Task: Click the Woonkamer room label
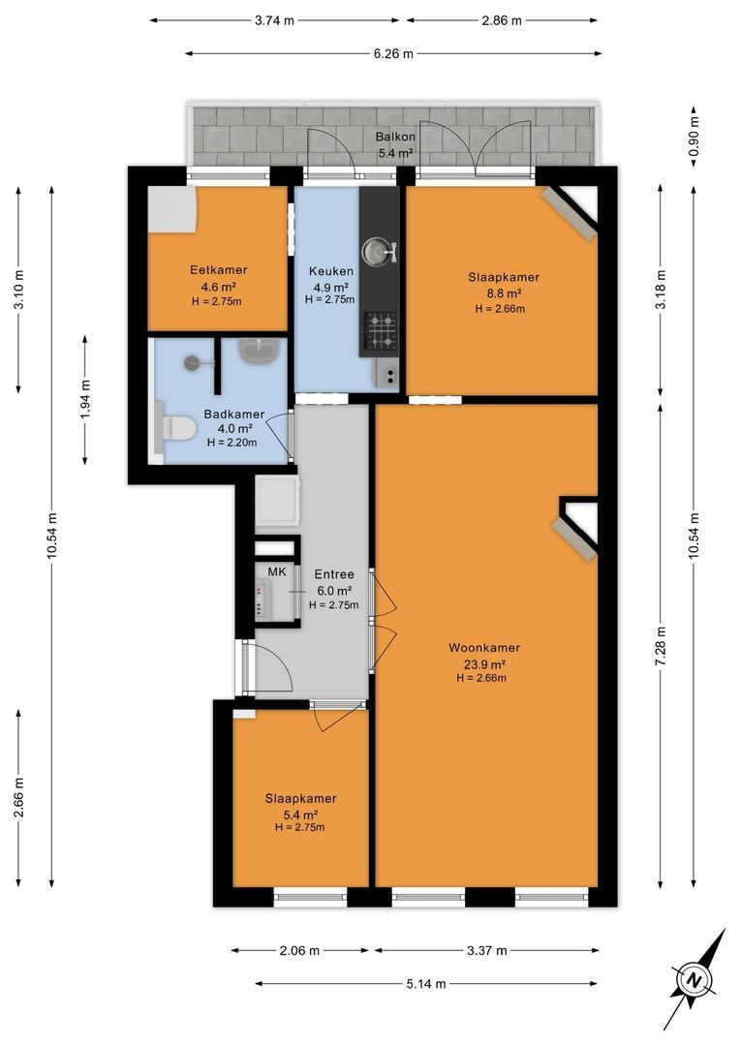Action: coord(484,647)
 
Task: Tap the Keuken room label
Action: coord(331,271)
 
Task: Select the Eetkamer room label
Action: coord(218,270)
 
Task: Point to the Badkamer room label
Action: coord(234,415)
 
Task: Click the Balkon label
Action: coord(396,137)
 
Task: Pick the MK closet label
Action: coord(277,571)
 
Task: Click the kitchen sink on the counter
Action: coord(379,252)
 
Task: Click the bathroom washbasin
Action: coord(259,351)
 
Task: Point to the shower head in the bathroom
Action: coord(192,362)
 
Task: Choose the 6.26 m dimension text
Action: coord(393,54)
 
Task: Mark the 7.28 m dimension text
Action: coord(661,646)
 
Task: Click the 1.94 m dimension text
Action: coord(85,399)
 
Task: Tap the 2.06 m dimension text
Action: coord(299,951)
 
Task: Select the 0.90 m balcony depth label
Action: coord(694,137)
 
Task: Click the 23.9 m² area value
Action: coord(484,664)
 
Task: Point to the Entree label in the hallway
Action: coord(333,574)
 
